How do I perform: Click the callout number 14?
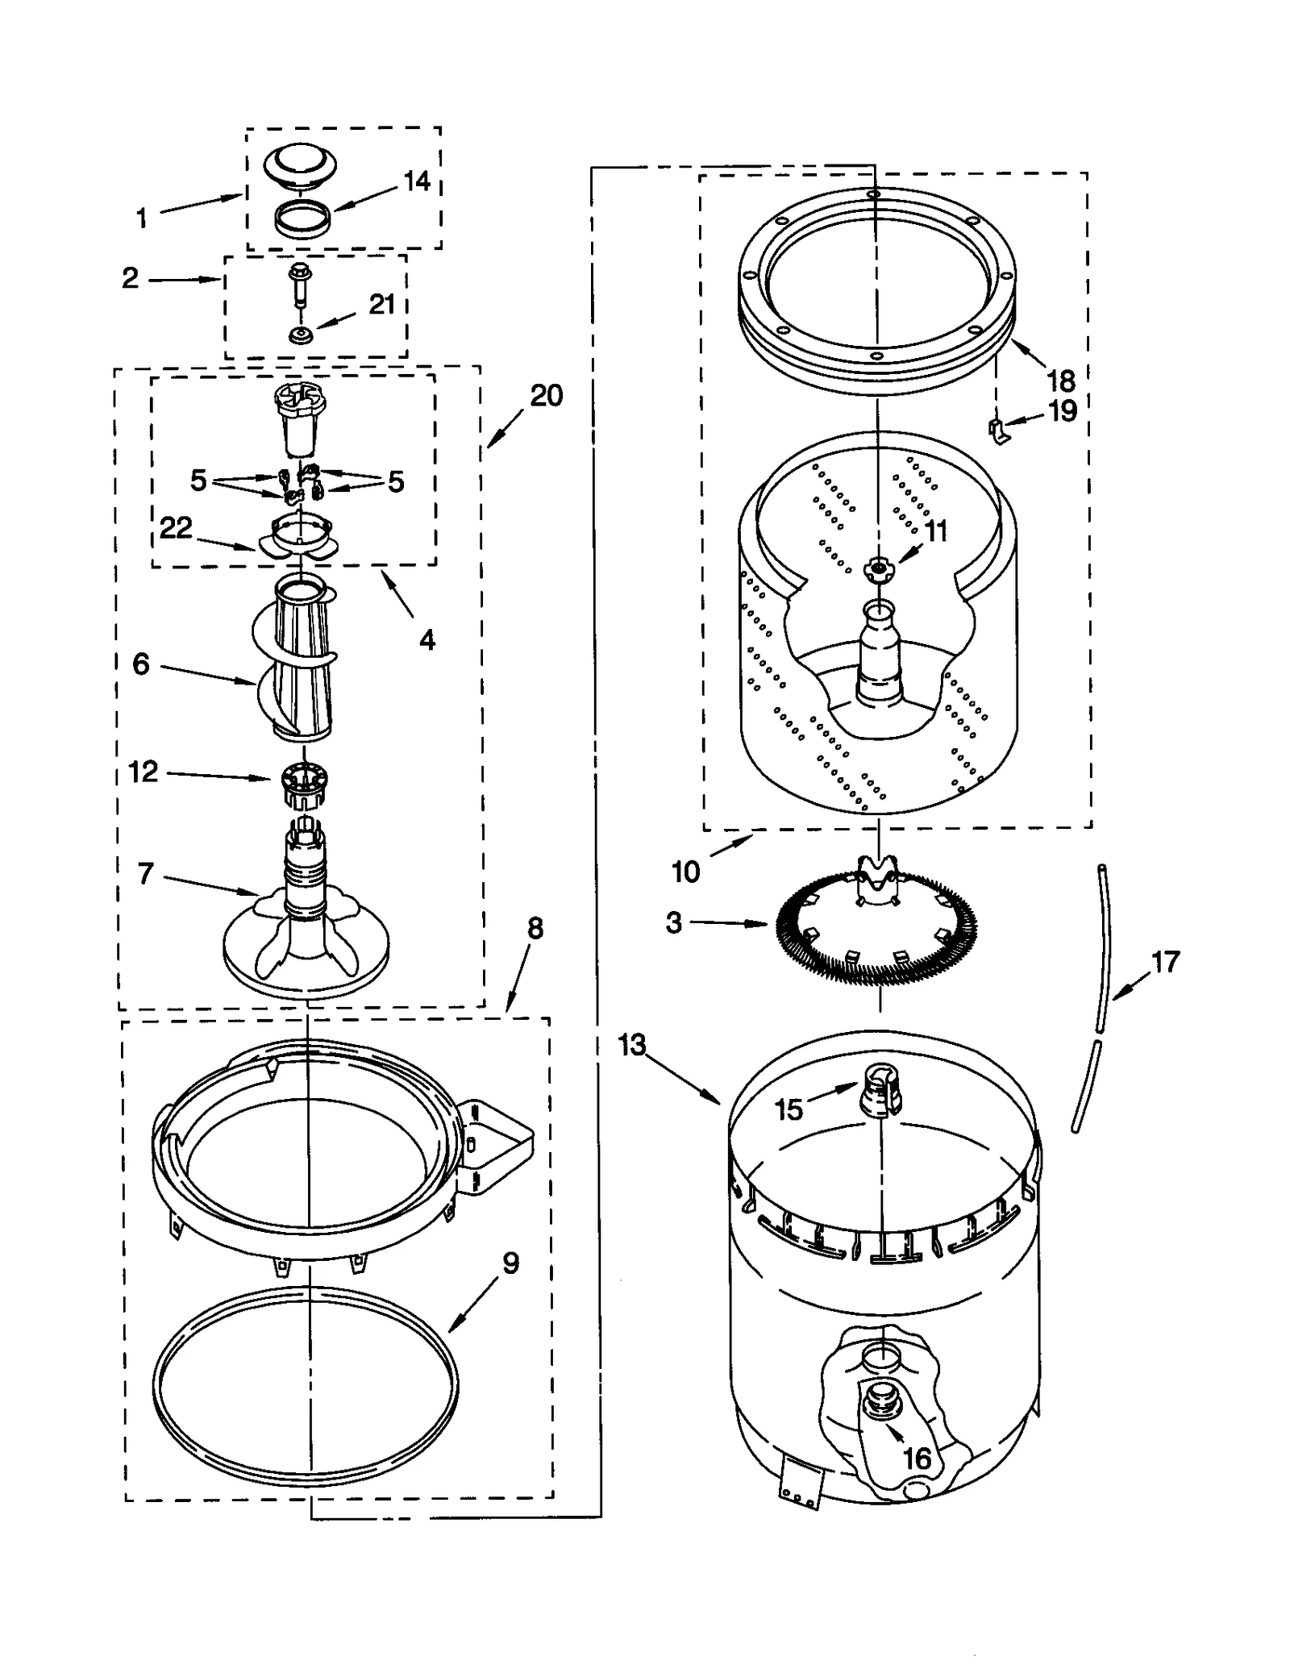[x=416, y=181]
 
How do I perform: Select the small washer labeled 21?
[x=300, y=334]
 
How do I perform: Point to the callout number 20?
[x=546, y=396]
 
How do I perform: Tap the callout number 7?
[x=145, y=874]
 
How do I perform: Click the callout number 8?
[x=535, y=929]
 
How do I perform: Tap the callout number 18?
[x=1061, y=379]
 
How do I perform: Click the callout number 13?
[x=632, y=1045]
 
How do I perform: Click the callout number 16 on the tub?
[x=917, y=1458]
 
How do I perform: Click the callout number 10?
[x=686, y=872]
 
